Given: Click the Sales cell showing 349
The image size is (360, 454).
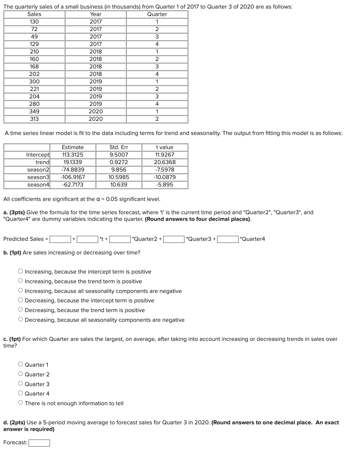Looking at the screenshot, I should tap(34, 111).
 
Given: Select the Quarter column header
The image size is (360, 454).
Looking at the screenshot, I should tap(157, 14).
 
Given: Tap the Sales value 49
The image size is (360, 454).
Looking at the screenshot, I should tap(34, 37).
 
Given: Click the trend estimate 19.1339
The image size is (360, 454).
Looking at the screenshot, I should tap(73, 162).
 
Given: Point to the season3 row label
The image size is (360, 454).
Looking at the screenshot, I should tap(38, 177).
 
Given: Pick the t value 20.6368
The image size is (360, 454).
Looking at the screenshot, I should tap(165, 162).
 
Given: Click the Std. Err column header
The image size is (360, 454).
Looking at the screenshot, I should tap(119, 147).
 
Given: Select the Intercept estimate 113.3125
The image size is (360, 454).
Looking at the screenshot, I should tap(73, 155).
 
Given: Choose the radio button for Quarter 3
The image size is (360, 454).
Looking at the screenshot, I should tap(21, 384).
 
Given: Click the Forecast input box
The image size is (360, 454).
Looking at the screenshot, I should tap(39, 443).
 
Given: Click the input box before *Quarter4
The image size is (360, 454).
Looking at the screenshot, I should tap(228, 239).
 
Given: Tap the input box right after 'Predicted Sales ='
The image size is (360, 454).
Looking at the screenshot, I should tap(60, 239).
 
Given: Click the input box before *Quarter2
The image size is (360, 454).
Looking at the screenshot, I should tap(120, 239).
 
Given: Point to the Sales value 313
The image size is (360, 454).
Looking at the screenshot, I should tap(34, 119).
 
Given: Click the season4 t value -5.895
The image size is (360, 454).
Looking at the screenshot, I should tap(165, 185).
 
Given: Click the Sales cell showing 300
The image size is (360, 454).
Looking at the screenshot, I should tap(34, 81).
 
